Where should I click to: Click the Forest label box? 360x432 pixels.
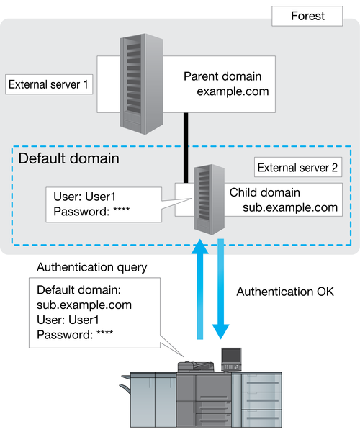307,17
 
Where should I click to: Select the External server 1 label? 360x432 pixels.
49,84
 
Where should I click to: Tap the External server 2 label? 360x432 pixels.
298,167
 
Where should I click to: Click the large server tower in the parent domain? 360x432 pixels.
141,84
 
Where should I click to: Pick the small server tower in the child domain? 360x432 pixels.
209,199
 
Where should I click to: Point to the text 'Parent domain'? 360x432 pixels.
222,76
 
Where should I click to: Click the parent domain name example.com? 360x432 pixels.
233,91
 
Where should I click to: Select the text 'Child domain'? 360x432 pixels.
265,192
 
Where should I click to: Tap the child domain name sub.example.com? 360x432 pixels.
290,207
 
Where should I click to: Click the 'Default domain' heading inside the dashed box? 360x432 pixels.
69,158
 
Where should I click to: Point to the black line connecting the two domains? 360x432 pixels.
186,148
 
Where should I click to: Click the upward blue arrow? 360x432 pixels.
200,289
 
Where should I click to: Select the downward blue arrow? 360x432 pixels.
220,289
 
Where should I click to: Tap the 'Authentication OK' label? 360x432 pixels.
285,292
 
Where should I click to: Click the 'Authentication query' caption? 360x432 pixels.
92,268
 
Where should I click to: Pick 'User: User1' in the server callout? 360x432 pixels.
84,197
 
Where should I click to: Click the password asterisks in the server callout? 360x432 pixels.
122,210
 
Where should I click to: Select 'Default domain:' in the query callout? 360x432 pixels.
79,290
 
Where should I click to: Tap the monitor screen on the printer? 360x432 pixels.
231,356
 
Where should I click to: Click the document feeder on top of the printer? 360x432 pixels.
196,366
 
